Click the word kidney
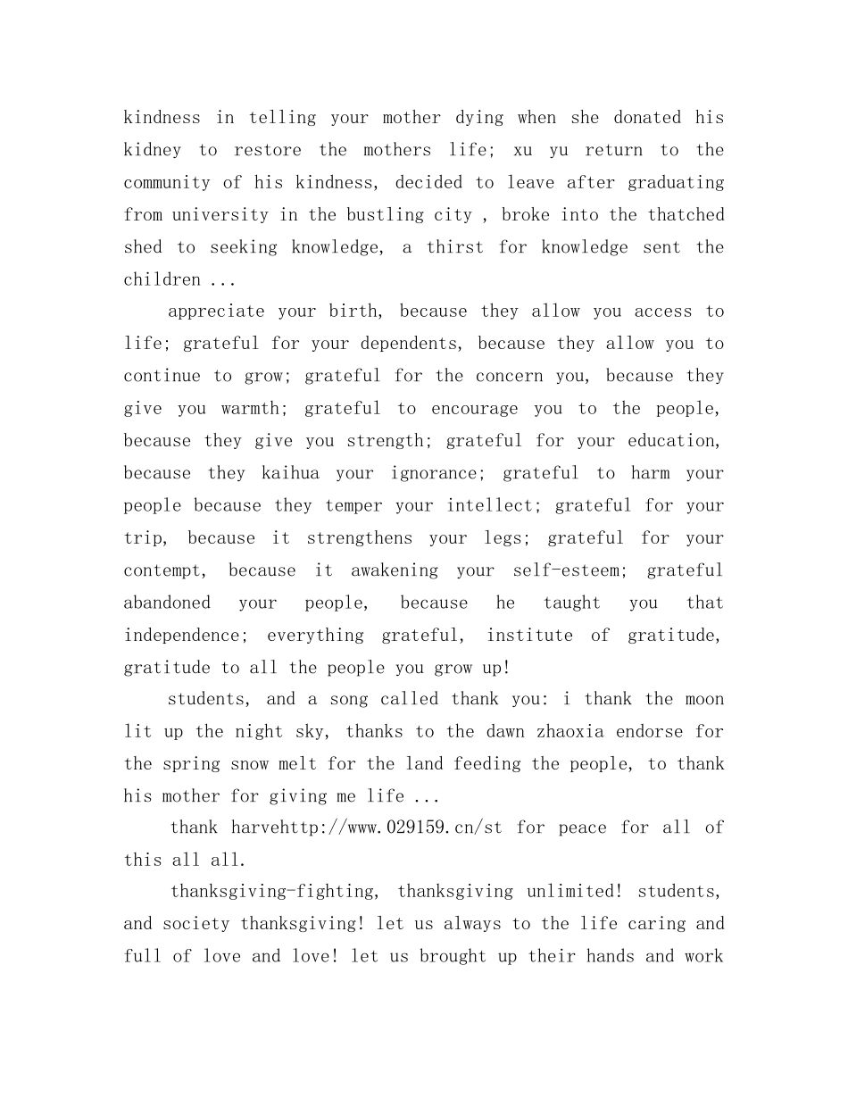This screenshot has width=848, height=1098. tap(152, 150)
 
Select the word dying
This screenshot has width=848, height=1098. tap(479, 117)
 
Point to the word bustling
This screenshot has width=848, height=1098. tap(378, 214)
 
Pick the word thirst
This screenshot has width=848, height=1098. tap(455, 246)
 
